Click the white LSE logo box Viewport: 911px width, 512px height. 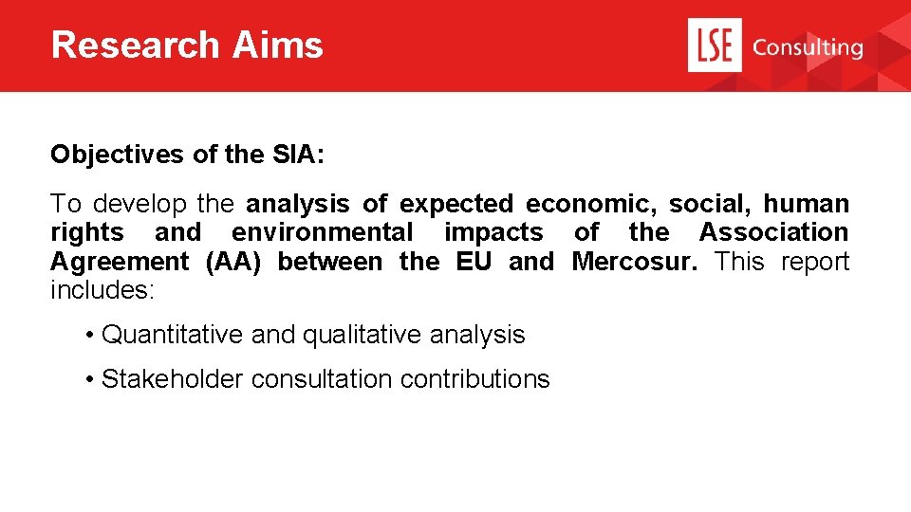[x=714, y=46]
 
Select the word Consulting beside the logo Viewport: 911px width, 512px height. [x=808, y=46]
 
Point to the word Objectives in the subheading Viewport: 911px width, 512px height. [x=117, y=154]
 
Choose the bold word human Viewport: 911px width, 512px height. [x=807, y=204]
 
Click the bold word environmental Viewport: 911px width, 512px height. [x=323, y=232]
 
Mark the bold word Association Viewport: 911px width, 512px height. [x=773, y=232]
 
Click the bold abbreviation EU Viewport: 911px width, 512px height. [x=474, y=262]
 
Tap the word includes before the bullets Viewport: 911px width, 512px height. [x=102, y=290]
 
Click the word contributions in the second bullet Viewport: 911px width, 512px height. [x=474, y=379]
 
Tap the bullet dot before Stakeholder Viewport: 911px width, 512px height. [x=87, y=379]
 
